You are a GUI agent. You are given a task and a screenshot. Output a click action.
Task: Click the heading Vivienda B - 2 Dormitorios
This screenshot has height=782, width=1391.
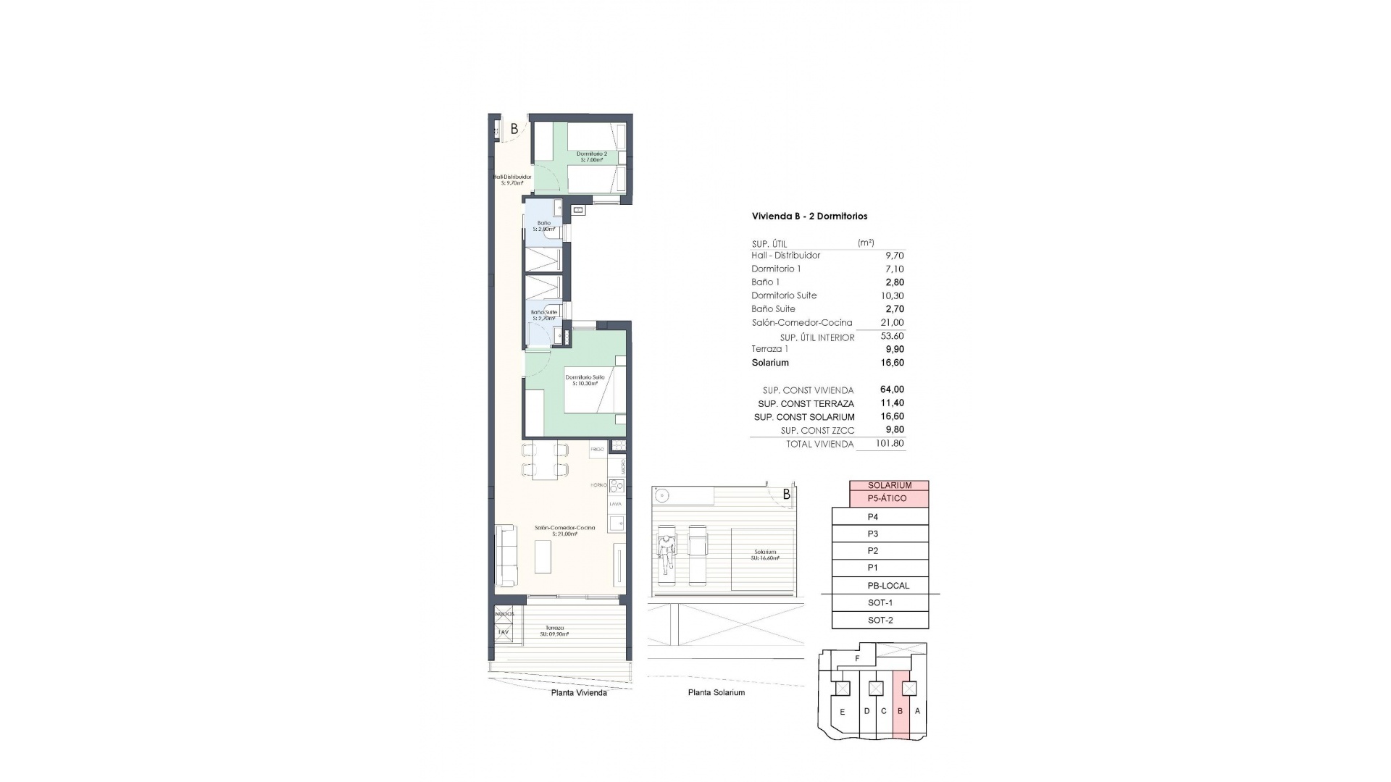click(x=809, y=216)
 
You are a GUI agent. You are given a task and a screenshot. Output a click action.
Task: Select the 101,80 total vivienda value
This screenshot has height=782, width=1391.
click(x=890, y=444)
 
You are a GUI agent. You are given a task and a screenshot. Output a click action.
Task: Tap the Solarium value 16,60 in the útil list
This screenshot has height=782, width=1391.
click(x=890, y=363)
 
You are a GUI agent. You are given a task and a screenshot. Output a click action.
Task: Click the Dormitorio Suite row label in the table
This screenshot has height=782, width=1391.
click(x=784, y=295)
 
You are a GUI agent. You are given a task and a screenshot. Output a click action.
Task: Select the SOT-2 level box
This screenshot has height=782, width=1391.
click(x=880, y=621)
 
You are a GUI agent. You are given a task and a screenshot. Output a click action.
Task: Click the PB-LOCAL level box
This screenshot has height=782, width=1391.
click(x=887, y=586)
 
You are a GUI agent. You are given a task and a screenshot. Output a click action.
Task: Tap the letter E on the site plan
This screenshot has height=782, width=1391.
click(x=842, y=712)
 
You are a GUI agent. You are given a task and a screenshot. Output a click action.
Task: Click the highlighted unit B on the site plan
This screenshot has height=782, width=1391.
click(x=901, y=711)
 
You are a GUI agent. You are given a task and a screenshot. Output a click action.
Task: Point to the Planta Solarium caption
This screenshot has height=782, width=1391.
click(x=716, y=693)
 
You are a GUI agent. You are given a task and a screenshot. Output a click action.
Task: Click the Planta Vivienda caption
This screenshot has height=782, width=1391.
click(x=579, y=693)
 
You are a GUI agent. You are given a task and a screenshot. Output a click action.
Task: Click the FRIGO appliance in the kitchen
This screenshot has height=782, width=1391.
click(x=597, y=450)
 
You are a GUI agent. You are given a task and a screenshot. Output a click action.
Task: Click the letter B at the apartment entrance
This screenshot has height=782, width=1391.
click(x=514, y=130)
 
